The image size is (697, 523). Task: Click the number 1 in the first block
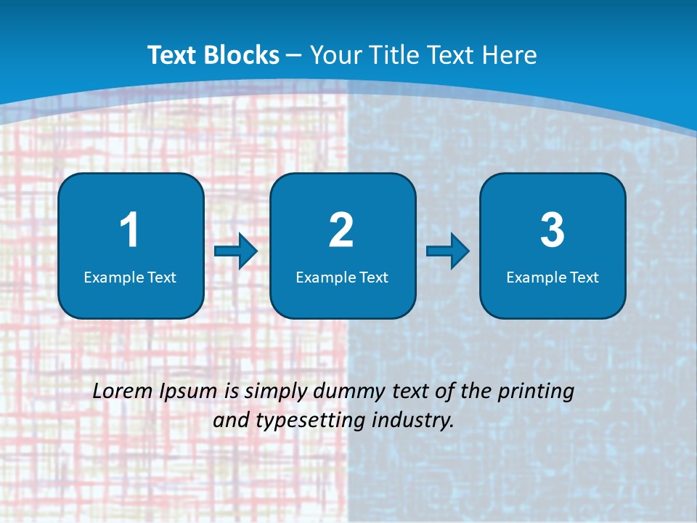pos(130,230)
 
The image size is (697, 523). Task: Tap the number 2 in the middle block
pos(341,230)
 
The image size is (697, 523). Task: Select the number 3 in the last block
pos(553,230)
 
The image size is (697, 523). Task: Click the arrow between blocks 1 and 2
pos(236,251)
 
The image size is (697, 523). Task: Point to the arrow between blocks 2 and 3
pos(448,251)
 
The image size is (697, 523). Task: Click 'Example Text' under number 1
pos(130,277)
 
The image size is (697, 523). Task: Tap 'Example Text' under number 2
pos(342,277)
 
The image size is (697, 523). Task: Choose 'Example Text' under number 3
pos(553,277)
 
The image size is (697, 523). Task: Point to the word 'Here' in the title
pos(511,55)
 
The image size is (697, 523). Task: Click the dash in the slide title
pos(295,56)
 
